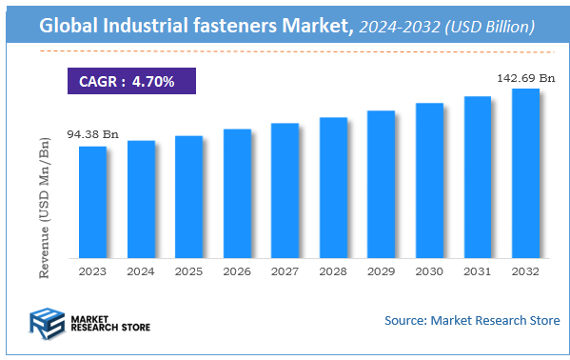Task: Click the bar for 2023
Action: [92, 201]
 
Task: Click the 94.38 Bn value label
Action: [93, 134]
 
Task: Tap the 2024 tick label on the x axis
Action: [141, 270]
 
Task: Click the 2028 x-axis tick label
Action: [333, 270]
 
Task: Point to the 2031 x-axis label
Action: [477, 270]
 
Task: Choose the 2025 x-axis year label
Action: [188, 270]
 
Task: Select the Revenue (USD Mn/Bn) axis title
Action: [45, 208]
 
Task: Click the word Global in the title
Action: [70, 29]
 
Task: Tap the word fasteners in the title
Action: [220, 29]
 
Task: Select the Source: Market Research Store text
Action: [472, 320]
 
